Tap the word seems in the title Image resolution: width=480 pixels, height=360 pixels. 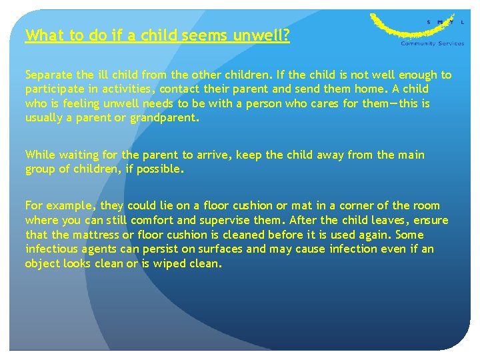pyautogui.click(x=204, y=35)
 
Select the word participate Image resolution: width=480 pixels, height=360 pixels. pyautogui.click(x=54, y=89)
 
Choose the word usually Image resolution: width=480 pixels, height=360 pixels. pyautogui.click(x=45, y=118)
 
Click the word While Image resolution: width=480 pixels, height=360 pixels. pyautogui.click(x=40, y=155)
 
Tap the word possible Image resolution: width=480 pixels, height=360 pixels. pyautogui.click(x=159, y=169)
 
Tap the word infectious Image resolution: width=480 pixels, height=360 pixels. pyautogui.click(x=52, y=249)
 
